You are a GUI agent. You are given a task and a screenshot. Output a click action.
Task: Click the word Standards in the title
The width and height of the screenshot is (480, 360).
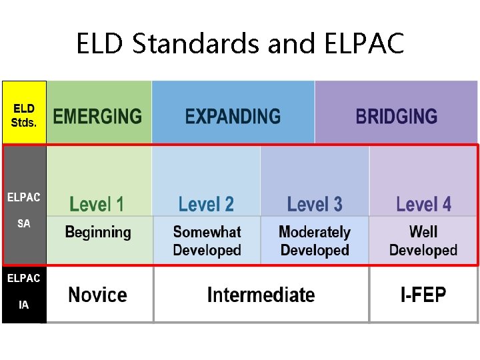tap(196, 44)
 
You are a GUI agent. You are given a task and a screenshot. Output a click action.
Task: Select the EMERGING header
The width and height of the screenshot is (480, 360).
tap(97, 117)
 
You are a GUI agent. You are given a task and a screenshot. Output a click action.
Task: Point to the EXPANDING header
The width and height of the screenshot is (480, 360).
tap(233, 117)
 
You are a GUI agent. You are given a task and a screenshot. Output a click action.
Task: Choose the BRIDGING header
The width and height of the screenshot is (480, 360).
tap(396, 117)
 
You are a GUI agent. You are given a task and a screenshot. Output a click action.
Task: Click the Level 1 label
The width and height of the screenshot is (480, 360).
tap(97, 204)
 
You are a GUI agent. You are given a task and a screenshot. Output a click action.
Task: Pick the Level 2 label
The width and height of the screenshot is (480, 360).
tap(206, 204)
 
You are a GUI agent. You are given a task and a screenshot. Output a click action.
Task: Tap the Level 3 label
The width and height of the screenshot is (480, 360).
tap(315, 204)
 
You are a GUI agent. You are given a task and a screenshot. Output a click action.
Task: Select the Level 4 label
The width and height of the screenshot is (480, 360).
tap(423, 204)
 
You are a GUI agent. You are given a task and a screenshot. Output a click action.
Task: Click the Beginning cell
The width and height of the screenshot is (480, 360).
tap(98, 233)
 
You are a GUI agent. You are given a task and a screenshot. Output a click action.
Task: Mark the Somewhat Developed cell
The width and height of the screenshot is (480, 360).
tap(207, 241)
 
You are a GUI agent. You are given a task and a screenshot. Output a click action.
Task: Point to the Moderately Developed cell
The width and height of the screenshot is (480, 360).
tap(315, 241)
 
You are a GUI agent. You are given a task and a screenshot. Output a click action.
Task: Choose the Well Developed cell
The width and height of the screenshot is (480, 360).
tap(423, 241)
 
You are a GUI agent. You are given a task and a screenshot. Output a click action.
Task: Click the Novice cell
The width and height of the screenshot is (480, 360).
tap(97, 295)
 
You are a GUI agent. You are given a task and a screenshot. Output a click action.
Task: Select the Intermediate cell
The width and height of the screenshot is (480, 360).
tap(261, 295)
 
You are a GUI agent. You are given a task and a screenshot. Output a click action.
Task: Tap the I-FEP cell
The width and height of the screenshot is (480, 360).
tap(423, 295)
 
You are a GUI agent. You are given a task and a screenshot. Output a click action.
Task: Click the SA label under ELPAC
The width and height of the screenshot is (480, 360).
tap(23, 224)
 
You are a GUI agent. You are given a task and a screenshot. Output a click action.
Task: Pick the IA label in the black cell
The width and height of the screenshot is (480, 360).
tap(23, 305)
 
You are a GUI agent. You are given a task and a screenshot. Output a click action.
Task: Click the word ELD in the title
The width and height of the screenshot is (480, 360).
tap(101, 44)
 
